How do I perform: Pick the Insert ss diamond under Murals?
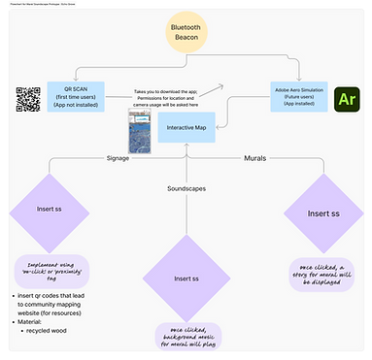pyautogui.click(x=323, y=213)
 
